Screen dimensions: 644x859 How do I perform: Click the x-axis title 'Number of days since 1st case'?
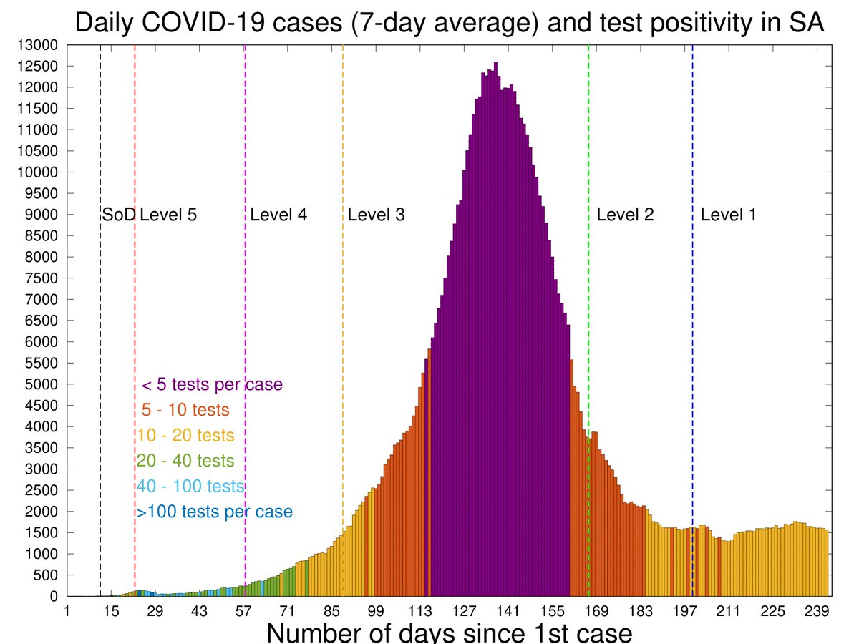(450, 633)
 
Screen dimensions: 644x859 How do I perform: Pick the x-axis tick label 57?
(244, 610)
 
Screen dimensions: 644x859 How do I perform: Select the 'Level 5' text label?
(168, 215)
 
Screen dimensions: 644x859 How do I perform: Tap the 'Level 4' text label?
(278, 215)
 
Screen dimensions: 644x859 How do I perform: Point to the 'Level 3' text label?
(377, 215)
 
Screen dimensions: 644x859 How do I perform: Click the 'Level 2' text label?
(625, 215)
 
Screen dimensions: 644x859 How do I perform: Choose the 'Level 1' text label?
(729, 215)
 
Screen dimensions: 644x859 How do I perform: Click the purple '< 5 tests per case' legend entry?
(212, 385)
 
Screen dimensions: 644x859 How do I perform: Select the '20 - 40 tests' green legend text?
(185, 461)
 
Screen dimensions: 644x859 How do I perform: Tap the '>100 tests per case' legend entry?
(214, 512)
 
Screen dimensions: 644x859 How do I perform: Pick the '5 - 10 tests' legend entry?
(185, 411)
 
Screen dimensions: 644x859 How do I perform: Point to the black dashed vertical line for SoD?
(100, 322)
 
